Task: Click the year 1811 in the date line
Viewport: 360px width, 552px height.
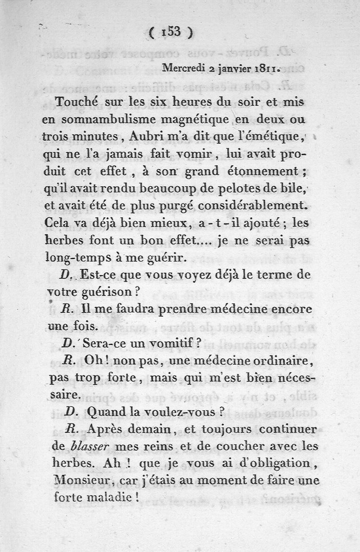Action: (x=265, y=69)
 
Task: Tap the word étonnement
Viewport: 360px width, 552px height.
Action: (x=265, y=172)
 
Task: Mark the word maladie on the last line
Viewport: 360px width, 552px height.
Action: (x=106, y=497)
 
